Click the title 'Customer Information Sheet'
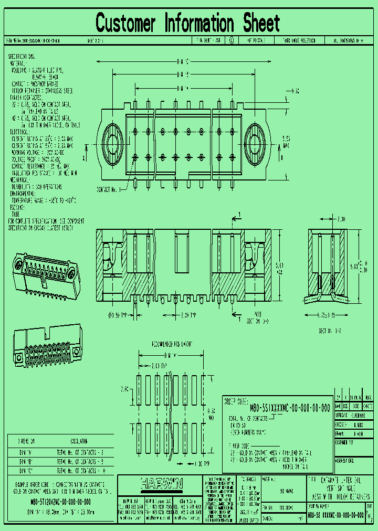[x=188, y=24]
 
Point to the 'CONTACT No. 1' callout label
[x=109, y=189]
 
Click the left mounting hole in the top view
[x=112, y=143]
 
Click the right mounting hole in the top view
[x=255, y=143]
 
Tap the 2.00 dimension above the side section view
[x=341, y=218]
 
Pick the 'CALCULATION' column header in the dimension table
[x=79, y=441]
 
